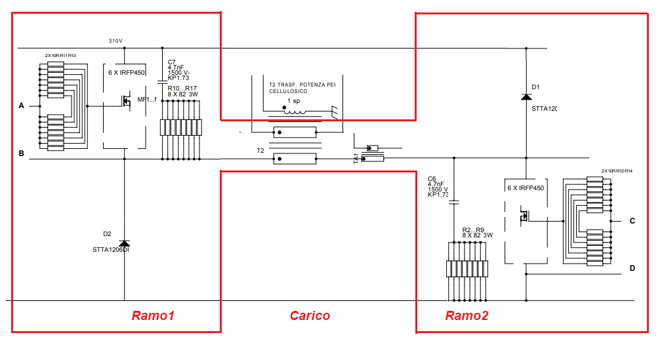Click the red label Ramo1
(153, 316)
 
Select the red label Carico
(310, 316)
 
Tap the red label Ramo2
(467, 316)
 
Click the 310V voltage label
(115, 41)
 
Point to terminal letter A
(21, 106)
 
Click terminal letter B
(21, 154)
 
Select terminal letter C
(633, 221)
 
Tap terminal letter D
(633, 268)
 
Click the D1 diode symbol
(526, 97)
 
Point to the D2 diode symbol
(125, 244)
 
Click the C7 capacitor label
(172, 62)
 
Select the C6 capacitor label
(432, 178)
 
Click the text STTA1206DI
(111, 249)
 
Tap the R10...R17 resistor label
(182, 88)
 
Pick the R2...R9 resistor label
(473, 230)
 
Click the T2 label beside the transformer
(260, 151)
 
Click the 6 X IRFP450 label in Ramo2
(526, 188)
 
